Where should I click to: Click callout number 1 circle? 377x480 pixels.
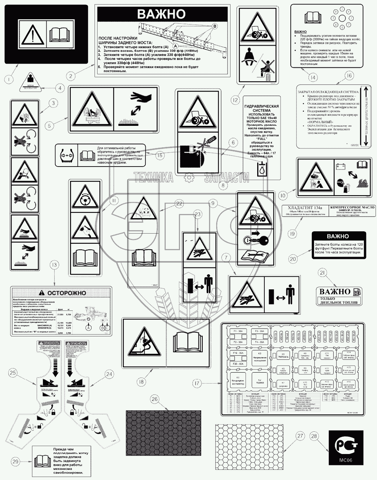tap(8, 79)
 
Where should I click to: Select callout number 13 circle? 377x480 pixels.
tap(55, 266)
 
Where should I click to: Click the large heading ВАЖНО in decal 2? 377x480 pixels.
tap(161, 14)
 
